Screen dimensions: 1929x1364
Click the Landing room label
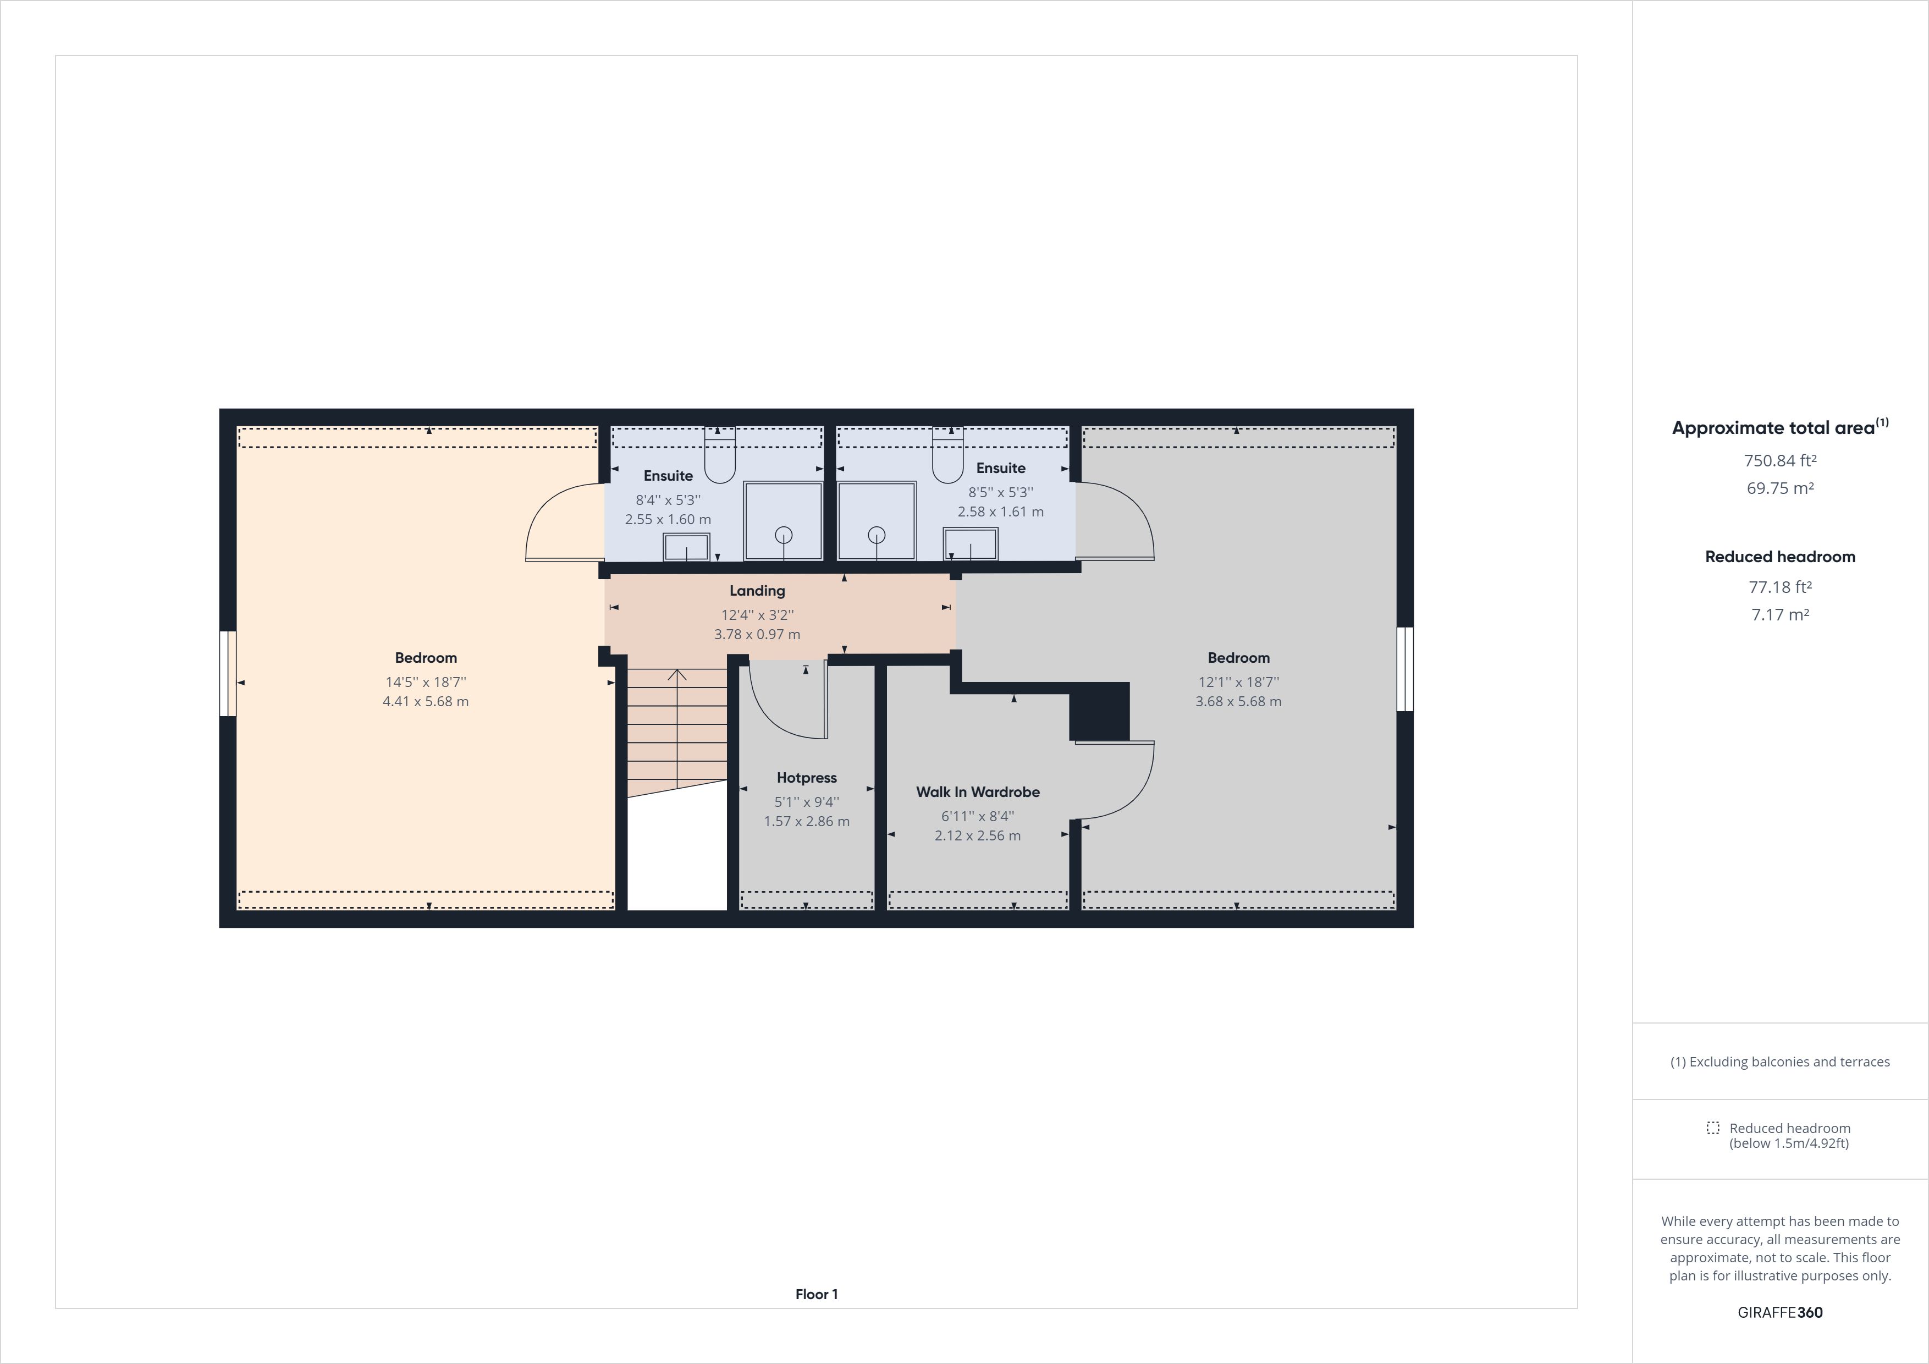(x=757, y=591)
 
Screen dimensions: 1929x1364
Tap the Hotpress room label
(x=807, y=778)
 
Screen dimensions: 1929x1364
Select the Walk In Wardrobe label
(x=978, y=791)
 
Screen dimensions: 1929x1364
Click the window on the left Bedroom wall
(x=228, y=673)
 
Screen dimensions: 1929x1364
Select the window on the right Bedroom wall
(x=1405, y=669)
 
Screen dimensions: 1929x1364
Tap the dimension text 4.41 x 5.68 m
(x=426, y=702)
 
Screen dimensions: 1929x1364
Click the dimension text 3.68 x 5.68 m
(x=1238, y=702)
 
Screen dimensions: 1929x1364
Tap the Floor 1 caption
(x=817, y=1294)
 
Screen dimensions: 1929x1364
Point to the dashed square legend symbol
(x=1713, y=1128)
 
